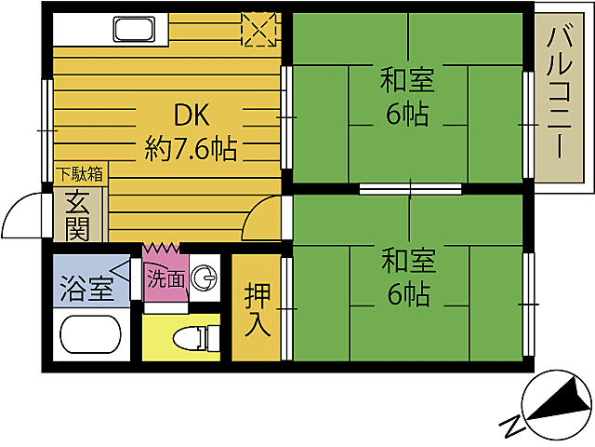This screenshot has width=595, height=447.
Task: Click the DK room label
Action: pos(192,115)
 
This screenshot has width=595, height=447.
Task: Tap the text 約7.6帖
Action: pos(190,148)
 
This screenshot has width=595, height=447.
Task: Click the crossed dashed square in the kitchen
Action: pos(260,29)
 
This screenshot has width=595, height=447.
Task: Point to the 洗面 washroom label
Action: pos(165,278)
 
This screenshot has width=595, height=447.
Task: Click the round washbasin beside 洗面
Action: pos(207,278)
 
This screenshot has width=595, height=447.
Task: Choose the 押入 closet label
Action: pos(258,310)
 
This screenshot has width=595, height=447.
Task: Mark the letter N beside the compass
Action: pos(510,426)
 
